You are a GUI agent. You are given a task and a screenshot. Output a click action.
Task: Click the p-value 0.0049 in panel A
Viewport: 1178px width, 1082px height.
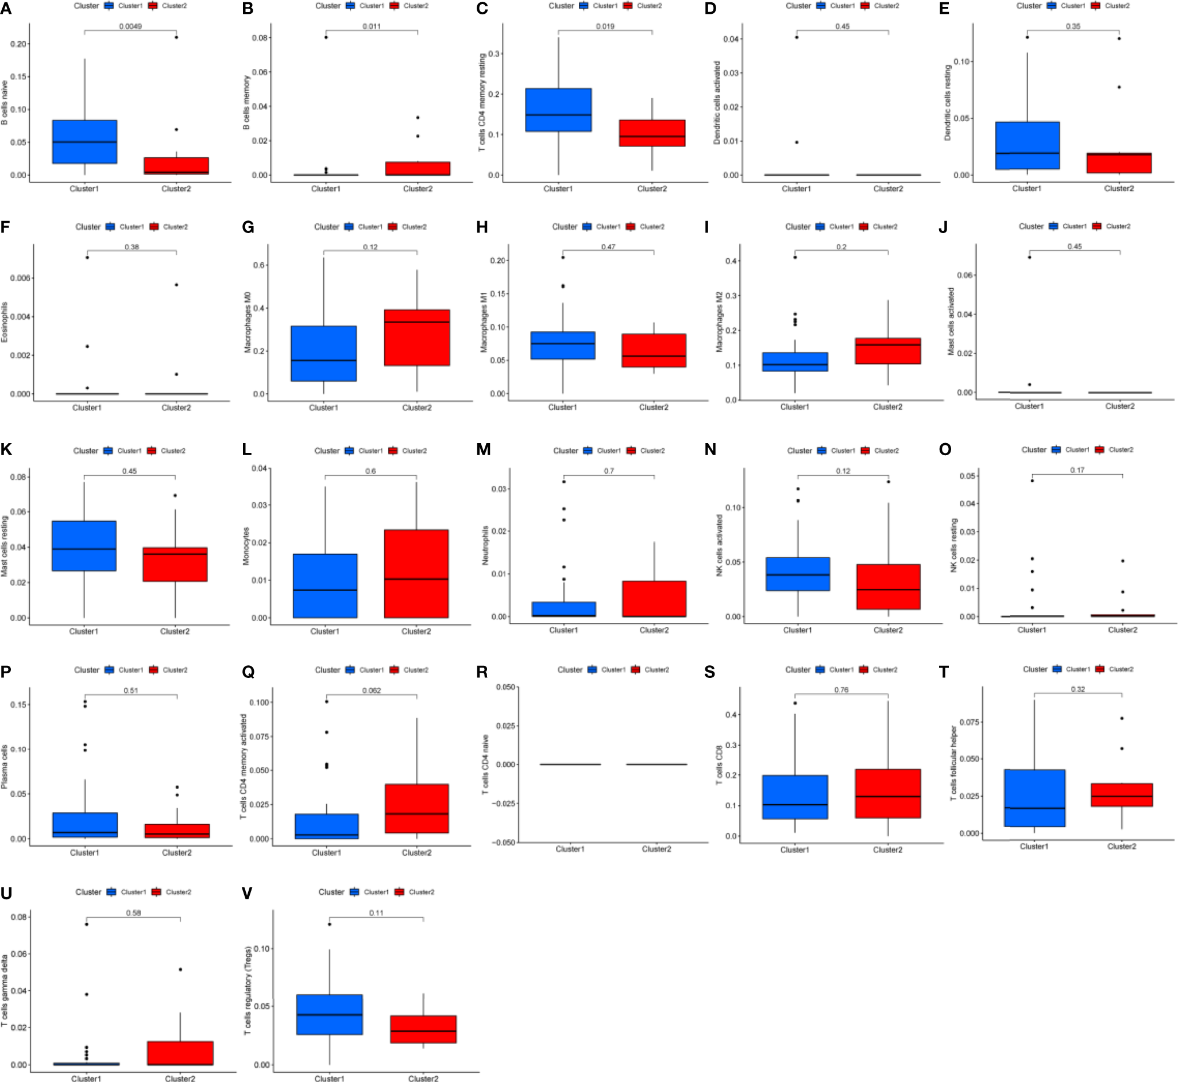(x=130, y=26)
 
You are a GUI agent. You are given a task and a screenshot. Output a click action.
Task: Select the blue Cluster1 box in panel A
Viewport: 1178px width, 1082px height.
(x=84, y=142)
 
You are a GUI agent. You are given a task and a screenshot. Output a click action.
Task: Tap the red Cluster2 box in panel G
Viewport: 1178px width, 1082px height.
(x=417, y=338)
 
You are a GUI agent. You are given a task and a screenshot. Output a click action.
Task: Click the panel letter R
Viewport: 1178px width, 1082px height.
(x=482, y=672)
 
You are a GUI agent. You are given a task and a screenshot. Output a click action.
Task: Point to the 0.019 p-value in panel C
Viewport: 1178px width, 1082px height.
(x=605, y=26)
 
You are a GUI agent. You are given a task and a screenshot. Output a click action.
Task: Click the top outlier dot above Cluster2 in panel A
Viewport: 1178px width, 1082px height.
(x=176, y=37)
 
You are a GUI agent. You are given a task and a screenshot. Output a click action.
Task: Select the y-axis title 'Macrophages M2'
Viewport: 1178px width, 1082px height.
(x=719, y=322)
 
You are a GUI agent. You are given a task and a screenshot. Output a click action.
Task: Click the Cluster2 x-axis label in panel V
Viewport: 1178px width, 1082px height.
(x=423, y=1078)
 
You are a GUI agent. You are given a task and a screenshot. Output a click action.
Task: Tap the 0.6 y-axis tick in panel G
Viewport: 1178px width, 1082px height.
(x=260, y=265)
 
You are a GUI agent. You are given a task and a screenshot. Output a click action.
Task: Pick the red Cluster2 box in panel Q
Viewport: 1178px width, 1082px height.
(x=416, y=808)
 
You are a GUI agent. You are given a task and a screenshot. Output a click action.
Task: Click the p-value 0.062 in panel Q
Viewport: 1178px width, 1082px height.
(x=372, y=691)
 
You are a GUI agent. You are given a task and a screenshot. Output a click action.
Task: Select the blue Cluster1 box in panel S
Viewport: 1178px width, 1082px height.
(x=795, y=797)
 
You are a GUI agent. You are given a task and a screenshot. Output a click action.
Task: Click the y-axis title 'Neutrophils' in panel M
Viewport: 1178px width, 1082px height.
(x=485, y=545)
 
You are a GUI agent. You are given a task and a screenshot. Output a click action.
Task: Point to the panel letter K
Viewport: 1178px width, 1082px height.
(x=6, y=449)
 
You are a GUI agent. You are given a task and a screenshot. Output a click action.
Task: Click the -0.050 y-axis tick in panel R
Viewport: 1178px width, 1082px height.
(x=505, y=842)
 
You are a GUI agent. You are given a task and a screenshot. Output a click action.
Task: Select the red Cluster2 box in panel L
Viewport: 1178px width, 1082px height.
(x=416, y=573)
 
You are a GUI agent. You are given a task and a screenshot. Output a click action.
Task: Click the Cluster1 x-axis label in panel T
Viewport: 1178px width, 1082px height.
(x=1034, y=846)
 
